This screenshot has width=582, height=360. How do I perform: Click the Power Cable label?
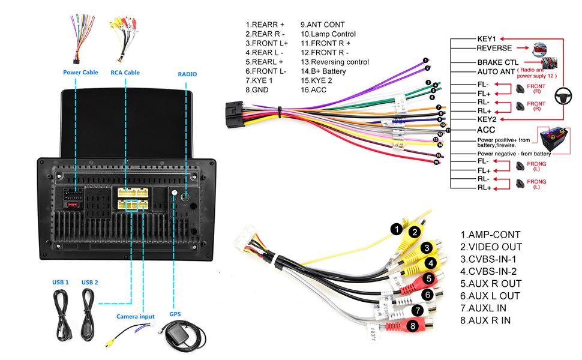[x=80, y=73]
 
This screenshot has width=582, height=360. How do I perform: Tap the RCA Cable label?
[x=125, y=73]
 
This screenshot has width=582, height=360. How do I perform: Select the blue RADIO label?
[x=187, y=74]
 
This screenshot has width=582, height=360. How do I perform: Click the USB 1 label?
[x=60, y=282]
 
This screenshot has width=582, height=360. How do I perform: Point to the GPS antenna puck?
[x=179, y=338]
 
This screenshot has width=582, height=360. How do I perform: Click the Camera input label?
[x=135, y=316]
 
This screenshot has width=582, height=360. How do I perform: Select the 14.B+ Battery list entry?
[x=323, y=71]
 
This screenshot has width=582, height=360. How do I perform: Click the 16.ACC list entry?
[x=315, y=89]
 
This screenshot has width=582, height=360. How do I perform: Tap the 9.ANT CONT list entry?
[x=323, y=25]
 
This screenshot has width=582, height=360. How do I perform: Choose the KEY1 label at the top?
[x=486, y=38]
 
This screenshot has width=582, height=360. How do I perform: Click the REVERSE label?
[x=494, y=48]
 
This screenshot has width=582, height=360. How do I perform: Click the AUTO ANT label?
[x=495, y=72]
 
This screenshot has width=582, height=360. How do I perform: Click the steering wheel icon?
[x=563, y=94]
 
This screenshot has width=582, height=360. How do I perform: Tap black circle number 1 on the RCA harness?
[x=395, y=229]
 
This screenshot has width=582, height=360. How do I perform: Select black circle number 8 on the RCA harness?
[x=412, y=326]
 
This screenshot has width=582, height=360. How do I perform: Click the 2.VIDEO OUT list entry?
[x=491, y=247]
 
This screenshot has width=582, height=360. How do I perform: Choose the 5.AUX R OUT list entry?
[x=491, y=283]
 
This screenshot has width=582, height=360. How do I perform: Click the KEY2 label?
[x=487, y=119]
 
